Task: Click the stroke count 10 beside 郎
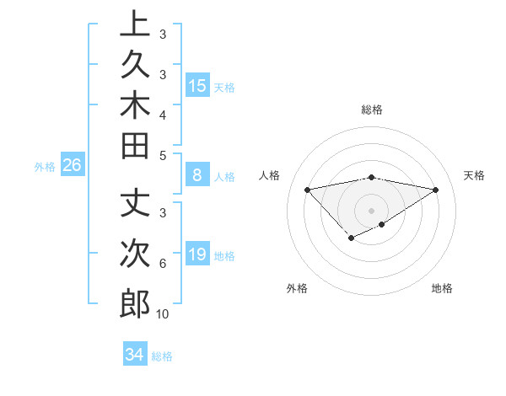click(163, 314)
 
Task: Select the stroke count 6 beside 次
click(163, 264)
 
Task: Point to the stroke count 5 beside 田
click(163, 156)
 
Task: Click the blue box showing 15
click(197, 85)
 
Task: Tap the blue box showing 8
click(197, 176)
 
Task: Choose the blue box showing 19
click(197, 254)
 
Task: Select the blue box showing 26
click(73, 165)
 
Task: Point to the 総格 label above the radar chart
click(372, 110)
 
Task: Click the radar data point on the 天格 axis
click(436, 189)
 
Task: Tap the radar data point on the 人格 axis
click(308, 189)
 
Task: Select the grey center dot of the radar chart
click(372, 210)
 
